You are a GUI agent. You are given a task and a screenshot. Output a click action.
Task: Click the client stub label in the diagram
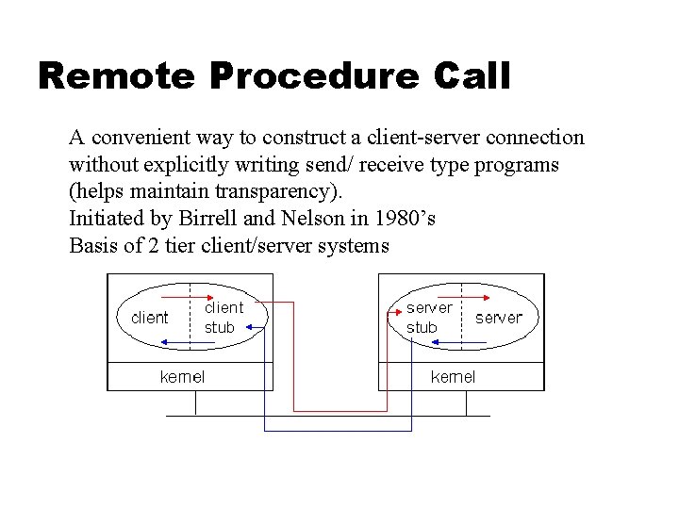click(x=224, y=317)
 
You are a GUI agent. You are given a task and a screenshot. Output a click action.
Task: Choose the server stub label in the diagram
click(x=429, y=317)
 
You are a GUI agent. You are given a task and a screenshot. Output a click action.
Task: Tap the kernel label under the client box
click(x=182, y=377)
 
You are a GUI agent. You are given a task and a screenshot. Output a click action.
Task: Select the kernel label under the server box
click(x=453, y=377)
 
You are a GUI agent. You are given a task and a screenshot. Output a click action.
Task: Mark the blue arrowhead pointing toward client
click(x=120, y=330)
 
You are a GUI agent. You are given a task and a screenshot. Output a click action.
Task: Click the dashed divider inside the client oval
click(x=190, y=317)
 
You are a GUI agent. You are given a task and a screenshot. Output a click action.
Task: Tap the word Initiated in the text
click(x=103, y=219)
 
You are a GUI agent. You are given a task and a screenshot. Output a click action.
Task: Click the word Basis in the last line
click(x=94, y=246)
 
